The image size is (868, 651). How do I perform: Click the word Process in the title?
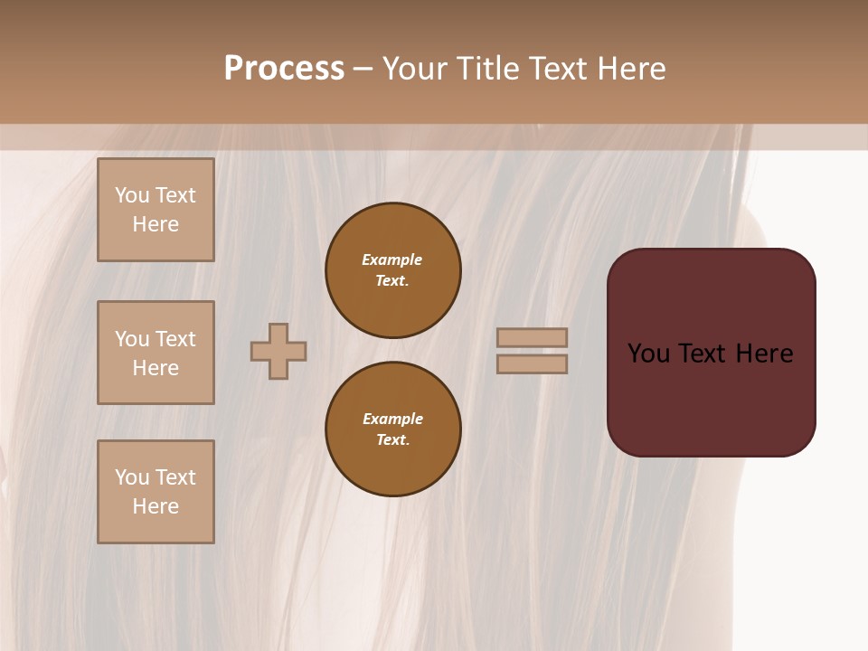[x=284, y=69]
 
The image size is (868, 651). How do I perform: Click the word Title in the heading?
[x=486, y=69]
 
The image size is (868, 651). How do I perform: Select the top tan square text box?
[x=156, y=210]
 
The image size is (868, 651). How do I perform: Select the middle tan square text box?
[x=156, y=353]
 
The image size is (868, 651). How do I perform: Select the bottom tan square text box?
[x=156, y=492]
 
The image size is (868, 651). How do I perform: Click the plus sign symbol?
[x=278, y=351]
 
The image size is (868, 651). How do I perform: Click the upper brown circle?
[x=393, y=270]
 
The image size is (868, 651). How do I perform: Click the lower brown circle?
[x=393, y=429]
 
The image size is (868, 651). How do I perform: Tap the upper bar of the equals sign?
[x=532, y=337]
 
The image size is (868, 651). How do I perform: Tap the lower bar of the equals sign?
[x=532, y=364]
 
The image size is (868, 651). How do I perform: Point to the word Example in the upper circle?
[x=392, y=259]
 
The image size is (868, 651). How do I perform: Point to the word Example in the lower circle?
[x=392, y=419]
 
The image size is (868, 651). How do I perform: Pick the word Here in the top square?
[x=156, y=224]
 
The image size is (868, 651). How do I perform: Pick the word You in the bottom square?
[x=132, y=477]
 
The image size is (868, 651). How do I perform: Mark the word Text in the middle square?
[x=175, y=339]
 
